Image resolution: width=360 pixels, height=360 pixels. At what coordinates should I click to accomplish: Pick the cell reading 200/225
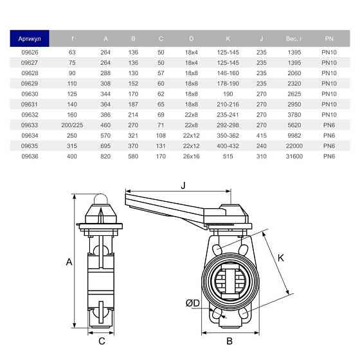pos(73,124)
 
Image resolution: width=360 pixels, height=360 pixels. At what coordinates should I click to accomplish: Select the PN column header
pos(328,39)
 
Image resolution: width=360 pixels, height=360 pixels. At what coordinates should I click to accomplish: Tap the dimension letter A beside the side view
pos(69,262)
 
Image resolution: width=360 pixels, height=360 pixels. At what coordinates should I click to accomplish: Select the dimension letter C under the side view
pos(101,341)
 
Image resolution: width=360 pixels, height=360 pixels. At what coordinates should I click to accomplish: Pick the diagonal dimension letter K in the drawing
pos(281,258)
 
